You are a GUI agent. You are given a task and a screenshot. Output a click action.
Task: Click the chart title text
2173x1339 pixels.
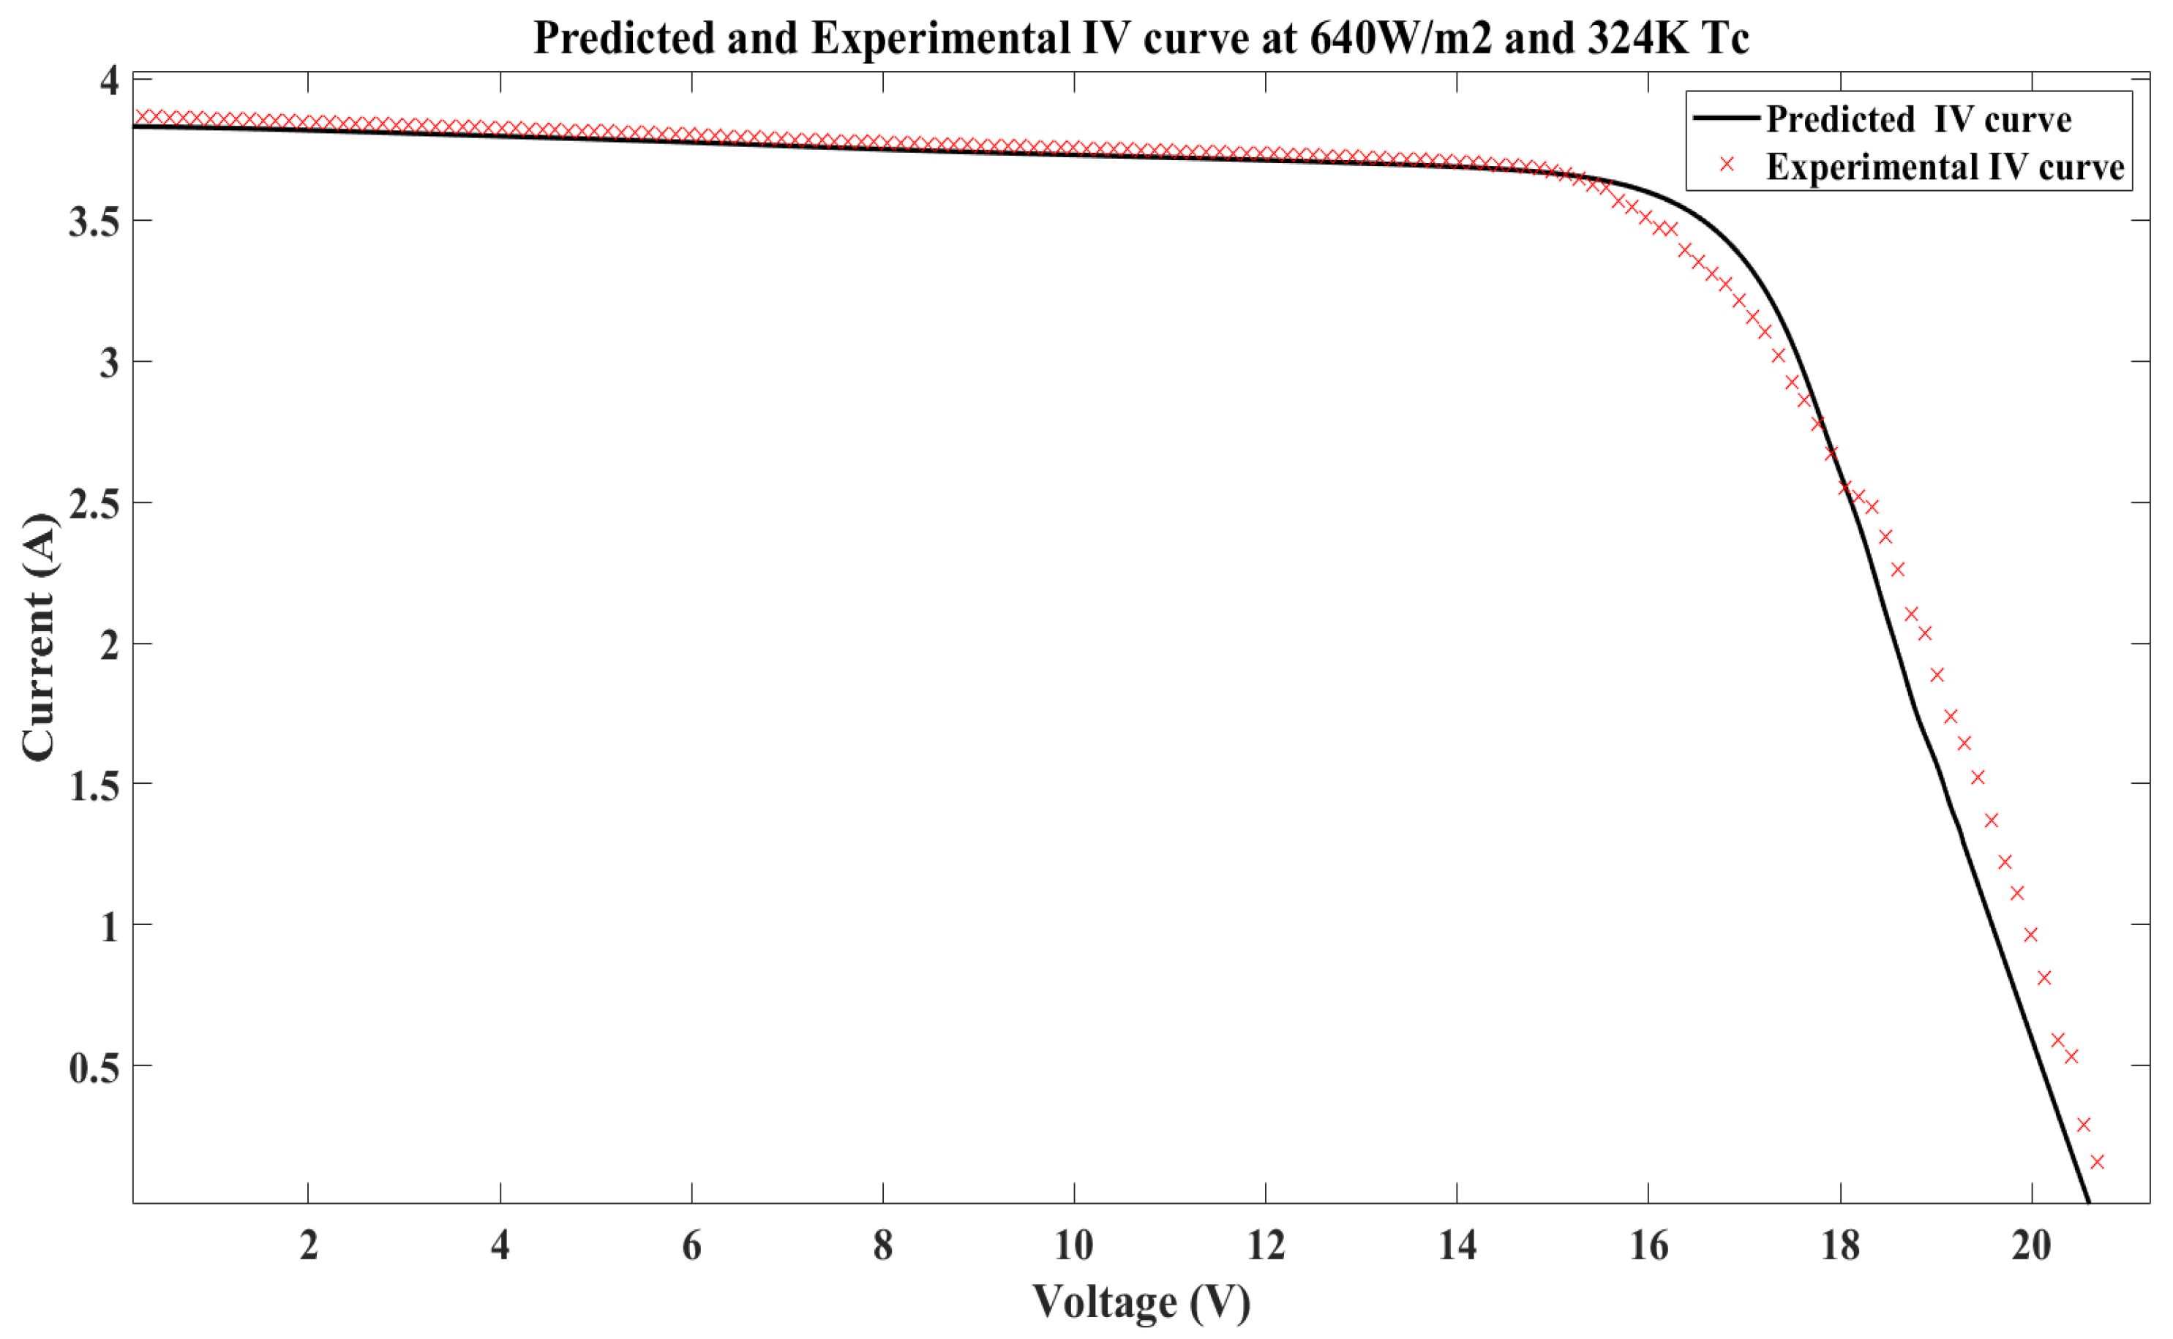(x=1140, y=38)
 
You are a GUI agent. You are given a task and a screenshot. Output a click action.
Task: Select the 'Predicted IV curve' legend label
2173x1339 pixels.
(x=1918, y=119)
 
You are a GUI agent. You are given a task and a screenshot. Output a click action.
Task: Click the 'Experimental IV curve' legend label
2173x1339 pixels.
(x=1945, y=167)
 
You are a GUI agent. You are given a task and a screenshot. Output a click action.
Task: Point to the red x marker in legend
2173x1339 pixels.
(x=1726, y=165)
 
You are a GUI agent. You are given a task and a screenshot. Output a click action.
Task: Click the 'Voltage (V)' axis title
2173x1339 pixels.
(x=1140, y=1302)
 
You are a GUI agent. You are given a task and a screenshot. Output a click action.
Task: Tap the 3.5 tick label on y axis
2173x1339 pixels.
(x=94, y=222)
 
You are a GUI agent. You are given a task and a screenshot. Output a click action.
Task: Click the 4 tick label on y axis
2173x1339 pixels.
(x=109, y=80)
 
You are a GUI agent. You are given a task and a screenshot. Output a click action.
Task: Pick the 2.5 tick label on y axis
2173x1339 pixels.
(x=94, y=503)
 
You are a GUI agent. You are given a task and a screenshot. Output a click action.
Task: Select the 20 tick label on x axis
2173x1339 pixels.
(x=2030, y=1246)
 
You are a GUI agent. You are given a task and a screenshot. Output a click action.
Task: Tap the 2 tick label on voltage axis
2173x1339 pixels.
(x=308, y=1246)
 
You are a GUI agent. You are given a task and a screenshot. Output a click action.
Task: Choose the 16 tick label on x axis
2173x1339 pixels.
(x=1648, y=1246)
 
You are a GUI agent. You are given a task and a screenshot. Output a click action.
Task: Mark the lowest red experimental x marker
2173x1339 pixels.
(x=2096, y=1162)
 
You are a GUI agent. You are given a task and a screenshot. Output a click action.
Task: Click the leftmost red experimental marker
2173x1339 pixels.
(x=141, y=117)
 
